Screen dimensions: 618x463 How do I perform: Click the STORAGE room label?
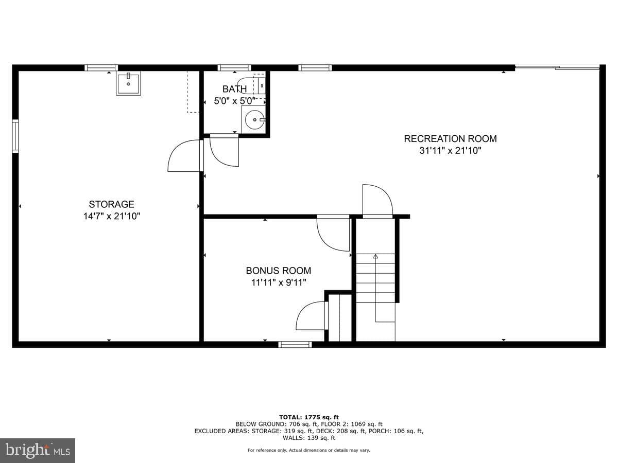[x=111, y=204]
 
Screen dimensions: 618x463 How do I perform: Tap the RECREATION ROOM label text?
[x=450, y=138]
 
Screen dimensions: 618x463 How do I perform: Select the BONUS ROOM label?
[x=279, y=271]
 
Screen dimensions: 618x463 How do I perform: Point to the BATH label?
[x=234, y=89]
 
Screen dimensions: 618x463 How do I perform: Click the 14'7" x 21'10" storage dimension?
[x=111, y=216]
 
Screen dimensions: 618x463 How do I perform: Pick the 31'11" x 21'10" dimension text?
[x=450, y=151]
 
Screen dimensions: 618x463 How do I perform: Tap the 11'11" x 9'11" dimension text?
[x=279, y=282]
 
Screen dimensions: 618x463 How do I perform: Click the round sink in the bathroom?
[x=254, y=120]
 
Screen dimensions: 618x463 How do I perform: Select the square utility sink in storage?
[x=128, y=83]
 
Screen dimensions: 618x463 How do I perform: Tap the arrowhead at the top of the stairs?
[x=375, y=256]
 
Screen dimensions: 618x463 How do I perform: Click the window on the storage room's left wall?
[x=15, y=136]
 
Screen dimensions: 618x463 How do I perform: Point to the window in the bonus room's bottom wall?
[x=295, y=344]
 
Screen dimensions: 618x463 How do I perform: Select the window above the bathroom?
[x=234, y=68]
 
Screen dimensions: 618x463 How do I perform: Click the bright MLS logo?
[x=38, y=451]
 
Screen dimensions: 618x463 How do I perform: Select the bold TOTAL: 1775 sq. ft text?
[x=309, y=417]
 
